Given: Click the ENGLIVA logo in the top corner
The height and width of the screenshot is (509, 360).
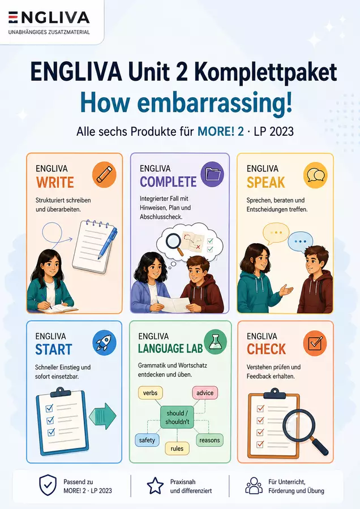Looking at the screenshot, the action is [49, 18].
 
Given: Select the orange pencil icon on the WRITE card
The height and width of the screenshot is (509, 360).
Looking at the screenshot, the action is [104, 175].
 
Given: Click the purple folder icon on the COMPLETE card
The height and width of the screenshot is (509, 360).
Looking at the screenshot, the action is [212, 175].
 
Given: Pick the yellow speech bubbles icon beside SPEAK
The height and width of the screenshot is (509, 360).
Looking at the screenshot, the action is [315, 175].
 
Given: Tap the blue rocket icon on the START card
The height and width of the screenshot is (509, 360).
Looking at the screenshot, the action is [104, 343].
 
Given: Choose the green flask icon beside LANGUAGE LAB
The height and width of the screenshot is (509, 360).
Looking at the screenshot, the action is [215, 342].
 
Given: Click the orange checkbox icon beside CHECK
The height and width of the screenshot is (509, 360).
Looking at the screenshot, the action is [315, 343].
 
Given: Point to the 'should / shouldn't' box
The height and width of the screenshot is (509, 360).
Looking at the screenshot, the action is [177, 417].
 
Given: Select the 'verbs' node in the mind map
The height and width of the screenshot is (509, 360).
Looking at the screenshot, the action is [151, 393].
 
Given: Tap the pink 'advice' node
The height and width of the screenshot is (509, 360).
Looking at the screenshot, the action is [205, 393].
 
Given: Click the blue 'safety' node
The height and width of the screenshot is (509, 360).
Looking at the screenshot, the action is [147, 440].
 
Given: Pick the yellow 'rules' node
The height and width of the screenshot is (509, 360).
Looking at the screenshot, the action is [177, 448].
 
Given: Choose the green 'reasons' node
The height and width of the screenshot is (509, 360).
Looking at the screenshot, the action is [209, 440].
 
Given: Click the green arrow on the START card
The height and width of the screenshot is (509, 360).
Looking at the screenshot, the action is [102, 416].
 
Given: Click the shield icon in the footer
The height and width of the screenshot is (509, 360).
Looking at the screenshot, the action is [48, 485].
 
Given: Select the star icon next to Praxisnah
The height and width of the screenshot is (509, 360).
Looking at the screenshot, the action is [155, 486].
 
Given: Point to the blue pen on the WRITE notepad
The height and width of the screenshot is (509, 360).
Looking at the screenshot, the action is [108, 243].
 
